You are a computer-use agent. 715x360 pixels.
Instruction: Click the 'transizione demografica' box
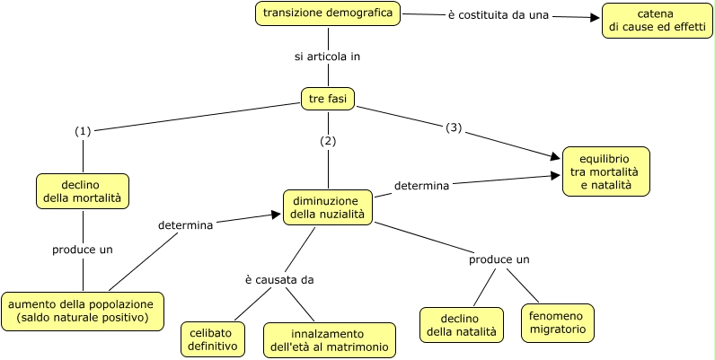tap(328, 13)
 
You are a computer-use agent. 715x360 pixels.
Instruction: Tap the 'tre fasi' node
tap(328, 98)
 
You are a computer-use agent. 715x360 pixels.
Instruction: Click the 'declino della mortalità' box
tap(84, 189)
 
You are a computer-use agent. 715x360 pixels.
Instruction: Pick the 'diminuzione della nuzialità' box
tap(328, 207)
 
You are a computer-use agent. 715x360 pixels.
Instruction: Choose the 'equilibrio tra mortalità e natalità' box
tap(605, 171)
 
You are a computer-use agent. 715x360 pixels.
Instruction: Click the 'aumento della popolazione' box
tap(83, 311)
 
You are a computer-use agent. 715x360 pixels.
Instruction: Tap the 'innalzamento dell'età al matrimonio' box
tap(330, 339)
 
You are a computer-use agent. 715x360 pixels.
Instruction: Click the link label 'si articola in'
tap(328, 57)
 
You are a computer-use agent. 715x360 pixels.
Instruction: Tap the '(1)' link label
tap(84, 131)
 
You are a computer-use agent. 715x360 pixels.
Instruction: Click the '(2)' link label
tap(328, 141)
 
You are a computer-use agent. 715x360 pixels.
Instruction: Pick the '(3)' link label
tap(454, 127)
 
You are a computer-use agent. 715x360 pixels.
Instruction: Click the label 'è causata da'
tap(279, 279)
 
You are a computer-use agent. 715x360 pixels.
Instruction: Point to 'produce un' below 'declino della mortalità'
tap(83, 249)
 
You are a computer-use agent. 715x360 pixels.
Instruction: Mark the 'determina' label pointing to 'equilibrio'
tap(422, 187)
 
